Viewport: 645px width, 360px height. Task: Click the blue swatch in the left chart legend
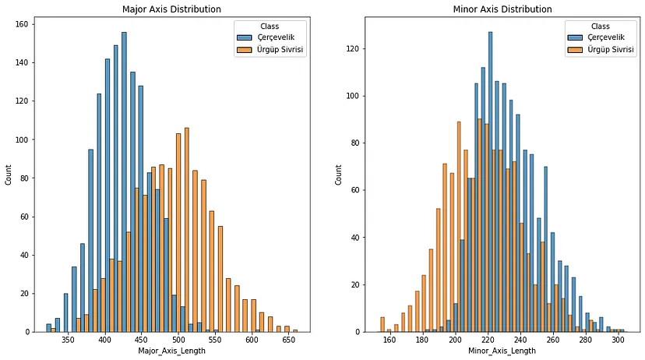245,38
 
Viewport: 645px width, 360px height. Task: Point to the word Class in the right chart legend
601,26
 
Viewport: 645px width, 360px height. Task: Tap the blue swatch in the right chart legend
573,38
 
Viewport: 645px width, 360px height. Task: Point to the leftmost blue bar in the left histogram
49,328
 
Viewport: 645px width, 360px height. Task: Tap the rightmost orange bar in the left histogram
294,331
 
